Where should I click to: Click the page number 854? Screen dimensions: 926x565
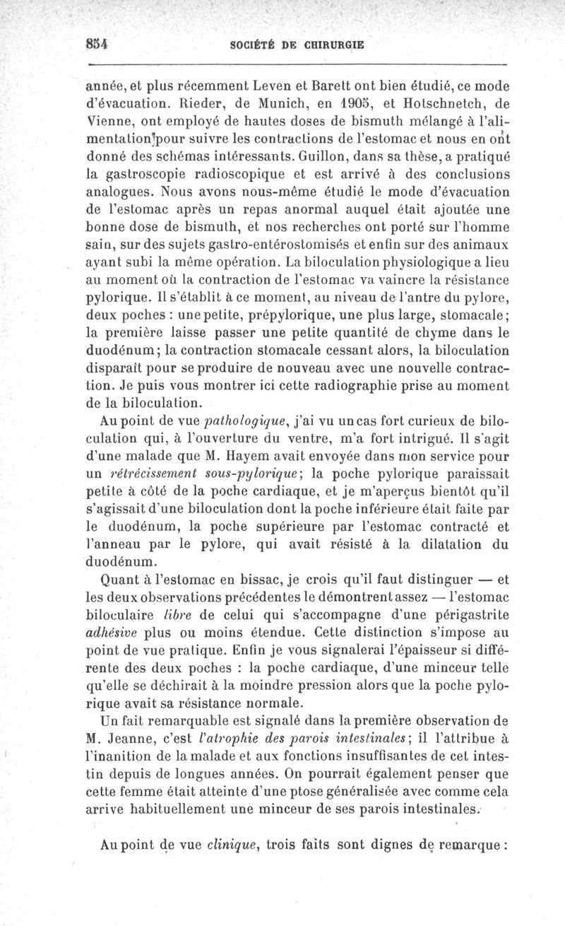coord(95,42)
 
